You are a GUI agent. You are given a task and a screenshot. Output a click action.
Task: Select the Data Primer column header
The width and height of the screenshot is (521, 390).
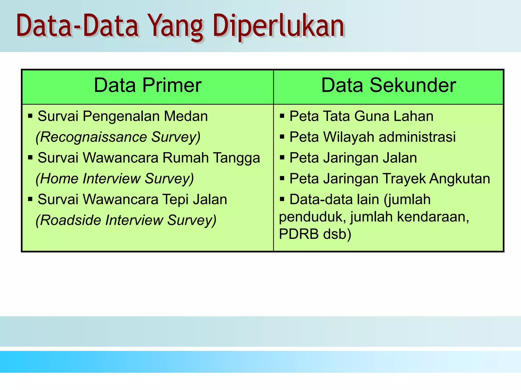tap(148, 86)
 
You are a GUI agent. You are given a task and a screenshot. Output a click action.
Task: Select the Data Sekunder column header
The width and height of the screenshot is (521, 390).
tap(388, 86)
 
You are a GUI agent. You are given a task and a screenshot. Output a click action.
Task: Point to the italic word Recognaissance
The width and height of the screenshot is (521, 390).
tap(94, 137)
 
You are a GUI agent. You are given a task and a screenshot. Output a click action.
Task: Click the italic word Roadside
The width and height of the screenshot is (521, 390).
tap(70, 220)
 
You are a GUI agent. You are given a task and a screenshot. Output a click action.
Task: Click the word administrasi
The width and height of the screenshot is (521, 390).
tap(417, 137)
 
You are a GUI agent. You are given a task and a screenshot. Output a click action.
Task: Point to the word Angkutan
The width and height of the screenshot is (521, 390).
tap(460, 179)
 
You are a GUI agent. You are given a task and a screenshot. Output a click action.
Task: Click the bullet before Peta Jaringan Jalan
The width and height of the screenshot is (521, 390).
tap(282, 158)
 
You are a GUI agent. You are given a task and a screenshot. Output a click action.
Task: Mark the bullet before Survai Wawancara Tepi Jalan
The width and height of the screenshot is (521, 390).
tap(30, 199)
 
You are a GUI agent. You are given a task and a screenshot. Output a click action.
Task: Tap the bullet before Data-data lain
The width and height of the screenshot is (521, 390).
tap(282, 199)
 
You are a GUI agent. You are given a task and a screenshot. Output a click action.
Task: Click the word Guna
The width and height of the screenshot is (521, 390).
tap(371, 116)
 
